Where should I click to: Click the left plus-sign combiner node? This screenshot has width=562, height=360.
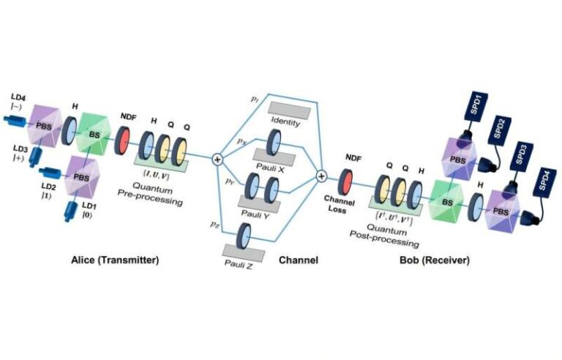coord(217,159)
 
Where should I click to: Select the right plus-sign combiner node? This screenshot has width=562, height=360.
coord(321,176)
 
